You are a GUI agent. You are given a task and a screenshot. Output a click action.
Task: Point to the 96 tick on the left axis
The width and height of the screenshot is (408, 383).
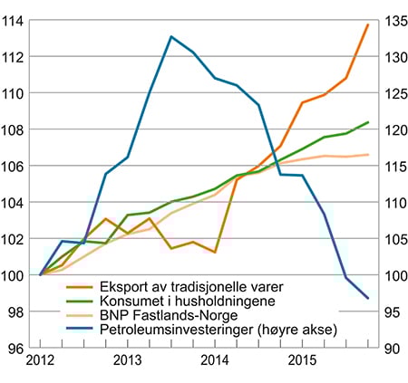coord(16,347)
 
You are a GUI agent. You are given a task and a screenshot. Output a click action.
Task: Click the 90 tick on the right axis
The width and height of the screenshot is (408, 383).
coord(393,347)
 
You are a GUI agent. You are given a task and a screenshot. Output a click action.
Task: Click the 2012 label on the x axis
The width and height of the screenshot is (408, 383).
coord(42,361)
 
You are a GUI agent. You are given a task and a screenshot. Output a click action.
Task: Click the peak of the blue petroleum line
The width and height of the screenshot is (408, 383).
coord(171,36)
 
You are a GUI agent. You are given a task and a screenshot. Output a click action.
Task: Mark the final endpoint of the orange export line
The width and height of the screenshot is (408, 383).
coord(367,24)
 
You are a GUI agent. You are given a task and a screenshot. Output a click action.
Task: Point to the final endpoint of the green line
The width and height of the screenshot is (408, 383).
coord(367,122)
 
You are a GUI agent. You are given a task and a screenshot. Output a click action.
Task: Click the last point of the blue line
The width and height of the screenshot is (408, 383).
coord(367,298)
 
